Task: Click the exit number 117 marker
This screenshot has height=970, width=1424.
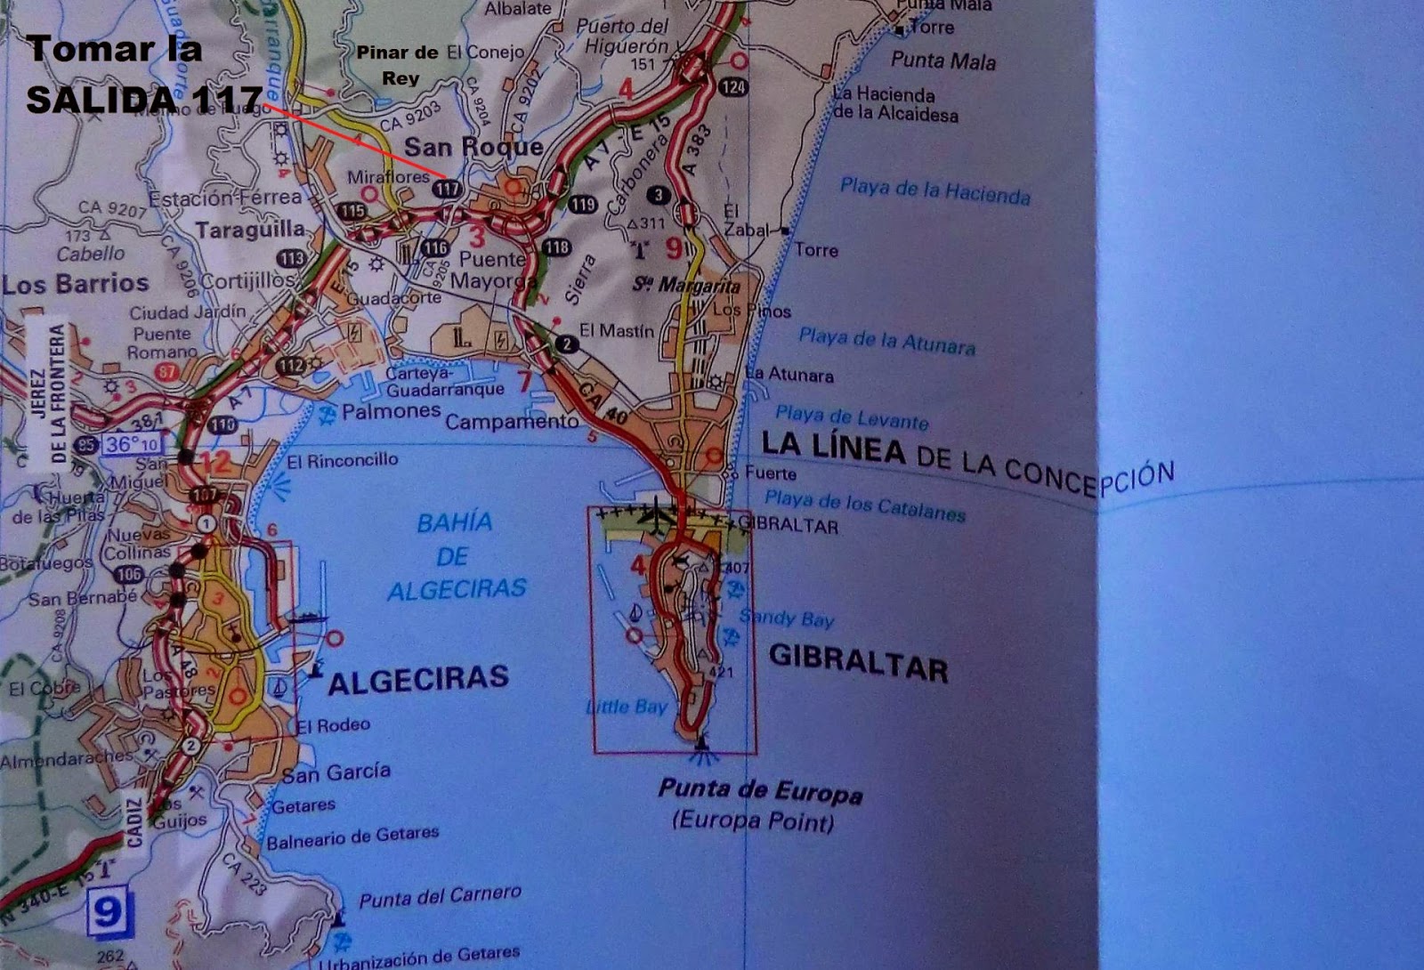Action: click(447, 189)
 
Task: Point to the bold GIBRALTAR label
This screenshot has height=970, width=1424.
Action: click(858, 663)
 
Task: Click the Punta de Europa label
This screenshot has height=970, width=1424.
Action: click(759, 790)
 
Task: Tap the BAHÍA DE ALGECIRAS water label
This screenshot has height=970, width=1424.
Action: click(455, 556)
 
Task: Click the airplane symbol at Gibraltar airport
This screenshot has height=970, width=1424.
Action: click(657, 513)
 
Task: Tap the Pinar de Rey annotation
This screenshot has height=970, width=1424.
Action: click(398, 65)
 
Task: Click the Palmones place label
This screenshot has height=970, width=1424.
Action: click(392, 411)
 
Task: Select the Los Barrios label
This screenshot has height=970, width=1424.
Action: click(76, 284)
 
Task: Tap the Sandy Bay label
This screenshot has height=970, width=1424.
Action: click(786, 618)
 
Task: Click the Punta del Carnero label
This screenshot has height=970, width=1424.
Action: click(440, 897)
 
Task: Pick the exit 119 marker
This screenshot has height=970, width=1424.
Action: click(582, 205)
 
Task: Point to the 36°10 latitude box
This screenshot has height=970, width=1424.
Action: click(132, 443)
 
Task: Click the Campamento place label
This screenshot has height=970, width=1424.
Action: click(512, 422)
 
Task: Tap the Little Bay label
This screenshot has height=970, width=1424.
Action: click(627, 707)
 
